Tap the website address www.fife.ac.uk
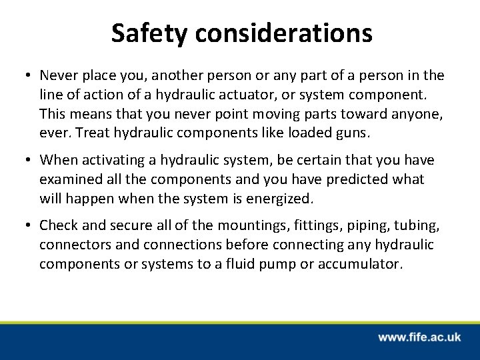419,337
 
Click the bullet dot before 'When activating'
29,161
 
